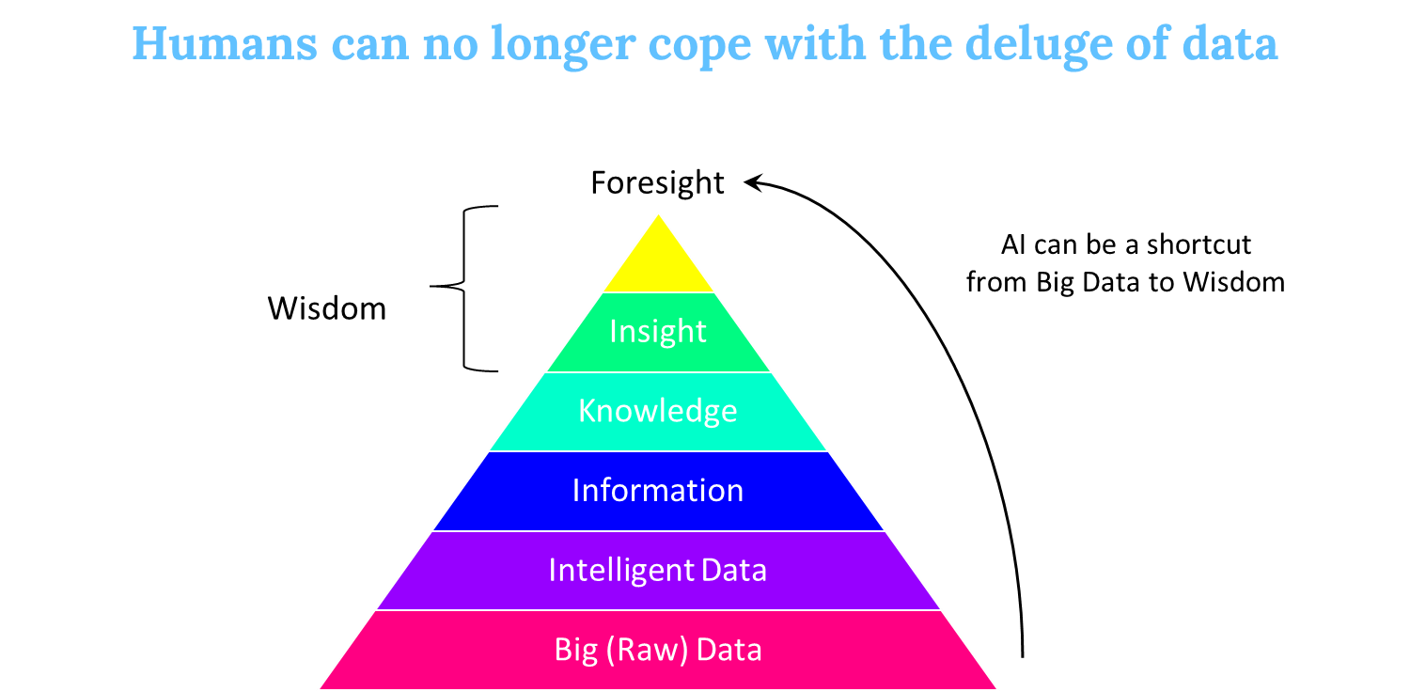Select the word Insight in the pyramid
click(x=658, y=331)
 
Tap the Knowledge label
click(x=658, y=411)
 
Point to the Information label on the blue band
click(x=658, y=491)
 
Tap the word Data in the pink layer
click(x=729, y=651)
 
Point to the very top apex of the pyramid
click(x=658, y=214)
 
